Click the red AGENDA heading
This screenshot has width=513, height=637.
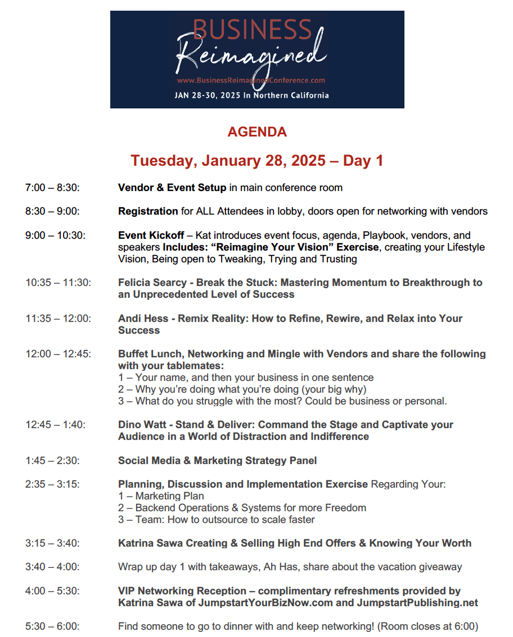257,132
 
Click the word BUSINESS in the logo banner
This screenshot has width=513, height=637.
252,30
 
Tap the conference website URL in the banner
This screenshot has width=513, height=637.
251,80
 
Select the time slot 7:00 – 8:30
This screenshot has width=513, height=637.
52,188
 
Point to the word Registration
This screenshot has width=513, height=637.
148,211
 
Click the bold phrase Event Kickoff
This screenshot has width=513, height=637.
151,235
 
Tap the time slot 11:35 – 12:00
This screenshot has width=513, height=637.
58,319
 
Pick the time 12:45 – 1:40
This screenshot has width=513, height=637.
56,425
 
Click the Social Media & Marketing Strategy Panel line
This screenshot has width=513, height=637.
217,461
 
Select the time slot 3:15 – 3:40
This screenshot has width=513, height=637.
52,543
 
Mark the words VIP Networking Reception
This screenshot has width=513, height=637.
182,591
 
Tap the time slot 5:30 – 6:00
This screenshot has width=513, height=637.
52,626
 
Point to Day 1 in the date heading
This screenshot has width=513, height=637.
363,161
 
